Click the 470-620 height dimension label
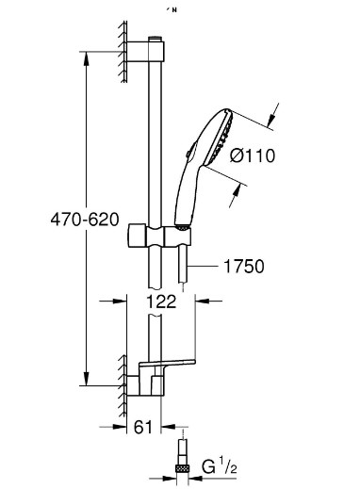coord(85,219)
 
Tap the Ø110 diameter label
coord(253,155)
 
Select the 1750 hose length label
coord(244,267)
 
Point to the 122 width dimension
coord(161,302)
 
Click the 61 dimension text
coord(143,427)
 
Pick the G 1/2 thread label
coord(220,466)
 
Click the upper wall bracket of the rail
coord(145,51)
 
